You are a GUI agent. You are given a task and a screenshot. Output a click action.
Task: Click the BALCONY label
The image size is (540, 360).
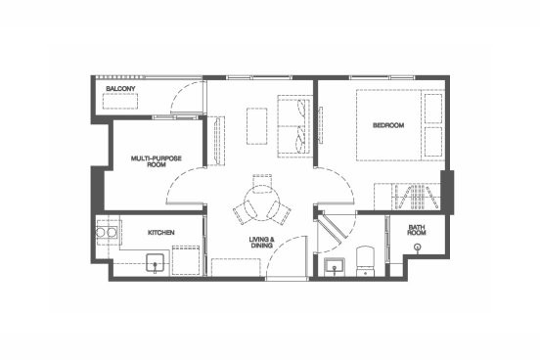120,89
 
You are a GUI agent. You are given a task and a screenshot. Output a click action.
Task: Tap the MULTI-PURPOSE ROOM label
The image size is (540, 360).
156,161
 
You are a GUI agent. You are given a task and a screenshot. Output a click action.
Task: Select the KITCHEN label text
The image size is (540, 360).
161,233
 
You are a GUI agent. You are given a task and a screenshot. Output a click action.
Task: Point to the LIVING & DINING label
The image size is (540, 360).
262,243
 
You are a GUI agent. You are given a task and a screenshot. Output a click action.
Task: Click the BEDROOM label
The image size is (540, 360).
388,125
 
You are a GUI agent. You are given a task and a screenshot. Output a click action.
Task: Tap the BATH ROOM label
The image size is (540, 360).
417,230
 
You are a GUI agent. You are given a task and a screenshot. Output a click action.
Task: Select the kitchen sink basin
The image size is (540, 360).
155,263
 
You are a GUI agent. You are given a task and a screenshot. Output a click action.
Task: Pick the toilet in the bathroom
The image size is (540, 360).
365,261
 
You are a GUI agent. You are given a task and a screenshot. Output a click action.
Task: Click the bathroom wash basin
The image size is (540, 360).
334,266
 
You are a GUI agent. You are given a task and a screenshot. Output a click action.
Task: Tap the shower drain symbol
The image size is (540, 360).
418,247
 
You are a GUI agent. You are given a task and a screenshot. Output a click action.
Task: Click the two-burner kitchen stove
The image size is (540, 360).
106,233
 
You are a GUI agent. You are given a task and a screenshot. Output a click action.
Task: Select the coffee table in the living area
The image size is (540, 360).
257,126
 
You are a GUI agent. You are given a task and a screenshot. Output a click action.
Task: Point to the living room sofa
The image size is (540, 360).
294,126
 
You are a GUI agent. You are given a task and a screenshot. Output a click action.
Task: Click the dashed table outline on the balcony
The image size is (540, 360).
120,101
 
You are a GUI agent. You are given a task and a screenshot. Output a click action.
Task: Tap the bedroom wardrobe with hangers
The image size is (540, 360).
407,197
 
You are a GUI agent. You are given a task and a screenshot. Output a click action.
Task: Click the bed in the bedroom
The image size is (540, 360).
400,125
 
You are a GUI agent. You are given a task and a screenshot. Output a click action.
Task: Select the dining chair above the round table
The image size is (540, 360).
262,183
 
